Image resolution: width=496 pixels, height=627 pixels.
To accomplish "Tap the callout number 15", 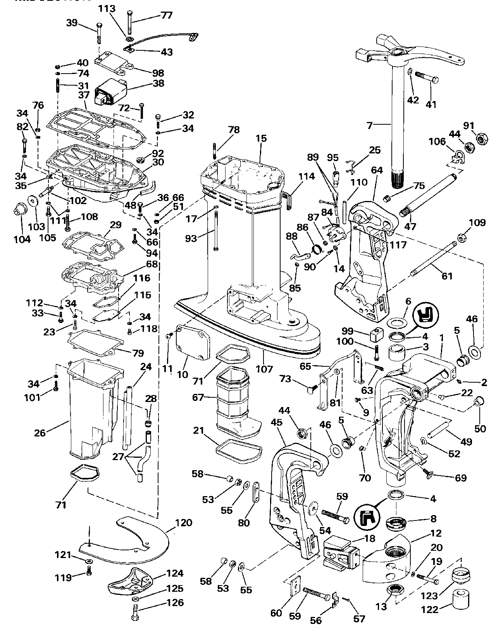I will (x=261, y=138).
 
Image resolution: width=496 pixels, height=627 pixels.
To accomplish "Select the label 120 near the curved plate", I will (x=183, y=522).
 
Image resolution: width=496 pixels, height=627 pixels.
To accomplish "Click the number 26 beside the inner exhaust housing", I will (x=40, y=433).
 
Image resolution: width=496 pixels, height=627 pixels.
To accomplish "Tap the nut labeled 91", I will (x=483, y=137).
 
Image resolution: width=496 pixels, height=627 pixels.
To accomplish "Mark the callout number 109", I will (x=477, y=223).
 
